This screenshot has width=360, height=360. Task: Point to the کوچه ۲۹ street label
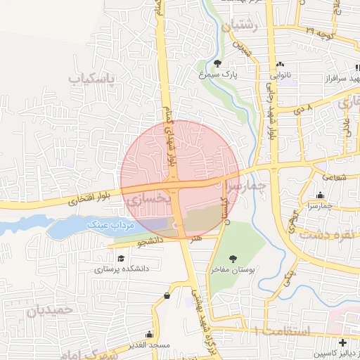(319, 32)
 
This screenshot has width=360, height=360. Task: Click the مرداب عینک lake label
(110, 224)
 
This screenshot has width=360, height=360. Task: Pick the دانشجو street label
(150, 241)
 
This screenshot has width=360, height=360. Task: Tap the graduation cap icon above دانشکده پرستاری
(121, 259)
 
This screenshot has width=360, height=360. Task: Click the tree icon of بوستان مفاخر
(233, 259)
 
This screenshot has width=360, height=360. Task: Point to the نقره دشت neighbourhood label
(329, 233)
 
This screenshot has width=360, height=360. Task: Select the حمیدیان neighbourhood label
(49, 309)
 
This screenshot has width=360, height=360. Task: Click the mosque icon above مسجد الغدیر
(148, 335)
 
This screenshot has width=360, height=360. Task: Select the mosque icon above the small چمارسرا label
(320, 195)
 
